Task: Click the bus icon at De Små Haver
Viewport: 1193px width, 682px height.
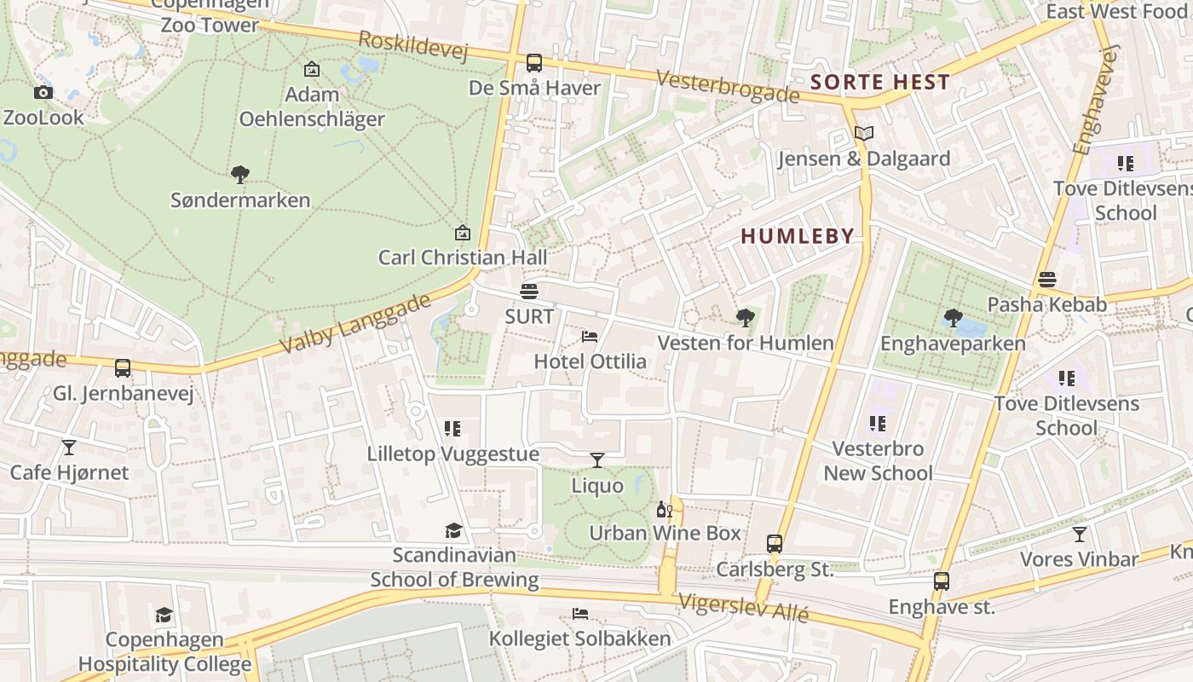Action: click(x=534, y=63)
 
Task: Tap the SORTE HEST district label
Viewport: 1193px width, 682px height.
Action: click(x=880, y=83)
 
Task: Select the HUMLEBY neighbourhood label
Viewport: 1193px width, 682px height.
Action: click(x=797, y=236)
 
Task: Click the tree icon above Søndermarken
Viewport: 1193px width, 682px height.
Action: click(x=240, y=175)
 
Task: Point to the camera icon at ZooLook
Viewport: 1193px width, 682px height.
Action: click(x=43, y=92)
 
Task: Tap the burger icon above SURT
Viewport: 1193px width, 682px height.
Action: click(x=529, y=292)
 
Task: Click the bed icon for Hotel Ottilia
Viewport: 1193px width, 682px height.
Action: click(x=589, y=337)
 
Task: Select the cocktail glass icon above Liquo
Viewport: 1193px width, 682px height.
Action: click(x=597, y=460)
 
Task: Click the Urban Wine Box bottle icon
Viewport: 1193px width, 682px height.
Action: click(x=664, y=510)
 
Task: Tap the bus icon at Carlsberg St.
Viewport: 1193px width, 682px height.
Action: click(x=774, y=543)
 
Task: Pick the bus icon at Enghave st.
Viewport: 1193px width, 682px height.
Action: click(x=941, y=581)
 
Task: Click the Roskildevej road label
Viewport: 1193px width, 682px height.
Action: click(x=413, y=46)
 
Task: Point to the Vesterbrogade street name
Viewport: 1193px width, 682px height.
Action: click(x=728, y=86)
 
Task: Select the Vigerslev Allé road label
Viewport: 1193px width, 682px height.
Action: click(x=743, y=608)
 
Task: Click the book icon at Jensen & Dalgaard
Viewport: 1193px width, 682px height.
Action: click(x=864, y=133)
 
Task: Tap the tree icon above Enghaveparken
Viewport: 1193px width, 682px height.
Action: click(x=953, y=319)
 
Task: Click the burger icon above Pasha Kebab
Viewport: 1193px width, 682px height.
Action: click(x=1047, y=280)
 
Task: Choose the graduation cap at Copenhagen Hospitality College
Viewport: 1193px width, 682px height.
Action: click(x=164, y=615)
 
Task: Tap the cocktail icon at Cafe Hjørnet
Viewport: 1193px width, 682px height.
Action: click(x=69, y=447)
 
